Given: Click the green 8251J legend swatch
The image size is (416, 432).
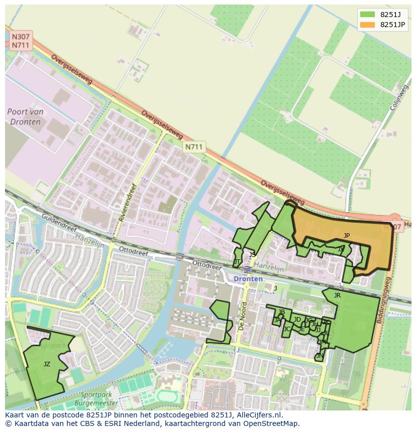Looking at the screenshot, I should click(x=367, y=15).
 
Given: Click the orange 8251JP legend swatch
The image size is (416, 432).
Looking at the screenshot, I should click(x=367, y=25).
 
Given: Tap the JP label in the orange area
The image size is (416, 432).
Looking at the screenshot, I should click(x=347, y=235).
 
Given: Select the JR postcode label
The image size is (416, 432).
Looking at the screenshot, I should click(x=337, y=296).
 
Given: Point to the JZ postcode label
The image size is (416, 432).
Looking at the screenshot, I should click(x=47, y=364).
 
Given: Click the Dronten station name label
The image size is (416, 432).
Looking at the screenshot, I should click(x=248, y=278).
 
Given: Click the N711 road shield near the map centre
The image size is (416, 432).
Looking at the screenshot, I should click(x=193, y=147).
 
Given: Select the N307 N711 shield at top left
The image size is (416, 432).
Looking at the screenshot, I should click(x=21, y=41).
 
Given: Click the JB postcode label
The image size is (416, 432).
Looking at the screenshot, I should click(x=281, y=312).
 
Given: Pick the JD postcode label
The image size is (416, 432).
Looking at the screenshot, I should click(x=297, y=320).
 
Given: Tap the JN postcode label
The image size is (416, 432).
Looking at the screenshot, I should click(x=320, y=356).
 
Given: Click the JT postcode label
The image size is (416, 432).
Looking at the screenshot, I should click(x=237, y=262).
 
